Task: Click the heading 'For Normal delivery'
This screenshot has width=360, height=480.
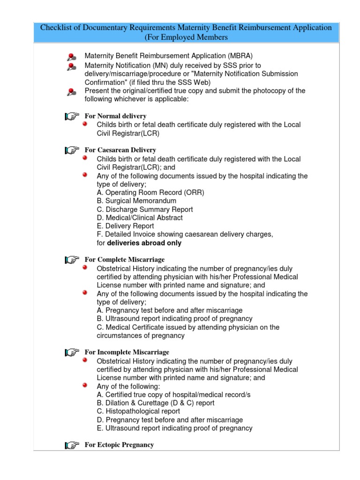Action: pos(115,116)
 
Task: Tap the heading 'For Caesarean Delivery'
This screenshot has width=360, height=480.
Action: pos(120,150)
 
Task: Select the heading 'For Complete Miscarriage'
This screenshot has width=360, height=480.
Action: pos(124,259)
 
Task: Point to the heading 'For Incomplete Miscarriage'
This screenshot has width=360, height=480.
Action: pos(127,352)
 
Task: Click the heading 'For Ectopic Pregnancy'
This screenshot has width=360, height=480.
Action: pos(119,444)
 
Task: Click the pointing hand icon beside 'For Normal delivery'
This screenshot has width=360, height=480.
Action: pos(72,116)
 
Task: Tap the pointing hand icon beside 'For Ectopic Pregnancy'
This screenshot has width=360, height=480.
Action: pos(72,445)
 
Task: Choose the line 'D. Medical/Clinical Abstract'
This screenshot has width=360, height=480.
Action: pos(140,218)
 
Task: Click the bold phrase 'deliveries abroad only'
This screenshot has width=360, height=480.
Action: pos(144,243)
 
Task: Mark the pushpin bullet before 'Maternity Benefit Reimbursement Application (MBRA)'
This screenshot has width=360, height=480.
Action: pos(71,57)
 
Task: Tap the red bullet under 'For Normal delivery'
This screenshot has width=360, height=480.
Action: pos(85,124)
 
